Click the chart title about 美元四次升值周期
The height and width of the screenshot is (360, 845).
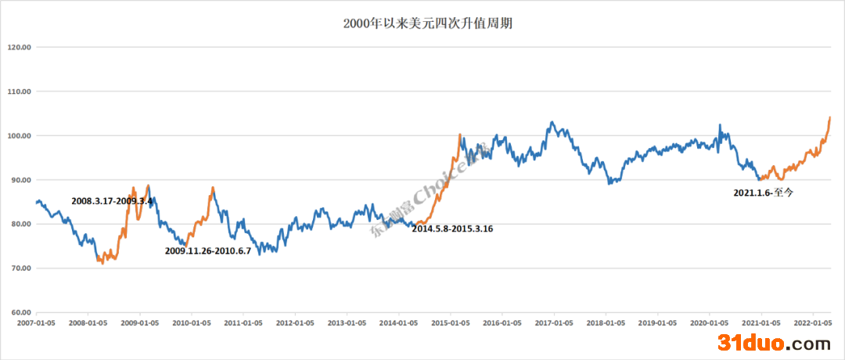point(422,23)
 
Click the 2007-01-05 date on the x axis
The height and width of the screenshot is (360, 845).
point(36,322)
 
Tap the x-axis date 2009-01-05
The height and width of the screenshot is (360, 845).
point(139,322)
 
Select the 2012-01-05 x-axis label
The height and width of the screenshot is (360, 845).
point(295,322)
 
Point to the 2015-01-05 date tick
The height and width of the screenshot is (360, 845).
point(450,322)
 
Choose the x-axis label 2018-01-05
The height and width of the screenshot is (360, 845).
point(606,322)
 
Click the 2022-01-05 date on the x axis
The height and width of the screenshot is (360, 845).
point(812,322)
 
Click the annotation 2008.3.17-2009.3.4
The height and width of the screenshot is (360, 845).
point(112,201)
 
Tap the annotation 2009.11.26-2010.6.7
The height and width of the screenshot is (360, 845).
point(207,251)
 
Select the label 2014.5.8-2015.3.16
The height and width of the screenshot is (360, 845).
point(452,229)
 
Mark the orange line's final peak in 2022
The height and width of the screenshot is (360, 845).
point(829,117)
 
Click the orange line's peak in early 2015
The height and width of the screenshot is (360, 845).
point(460,135)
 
